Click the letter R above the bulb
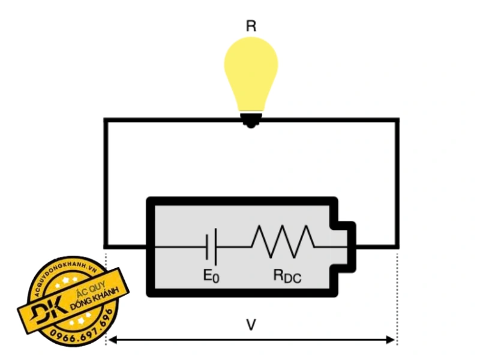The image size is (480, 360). coord(251,26)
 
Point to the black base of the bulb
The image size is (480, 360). coord(251,119)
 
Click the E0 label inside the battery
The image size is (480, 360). coord(211,277)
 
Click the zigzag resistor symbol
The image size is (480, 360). coord(283,239)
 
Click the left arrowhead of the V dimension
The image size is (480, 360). coord(112,340)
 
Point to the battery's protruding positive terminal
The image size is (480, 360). coord(346,247)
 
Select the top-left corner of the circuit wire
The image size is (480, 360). coord(106,120)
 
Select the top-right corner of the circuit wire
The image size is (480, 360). coord(397,120)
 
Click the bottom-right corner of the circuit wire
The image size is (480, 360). coord(397,246)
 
